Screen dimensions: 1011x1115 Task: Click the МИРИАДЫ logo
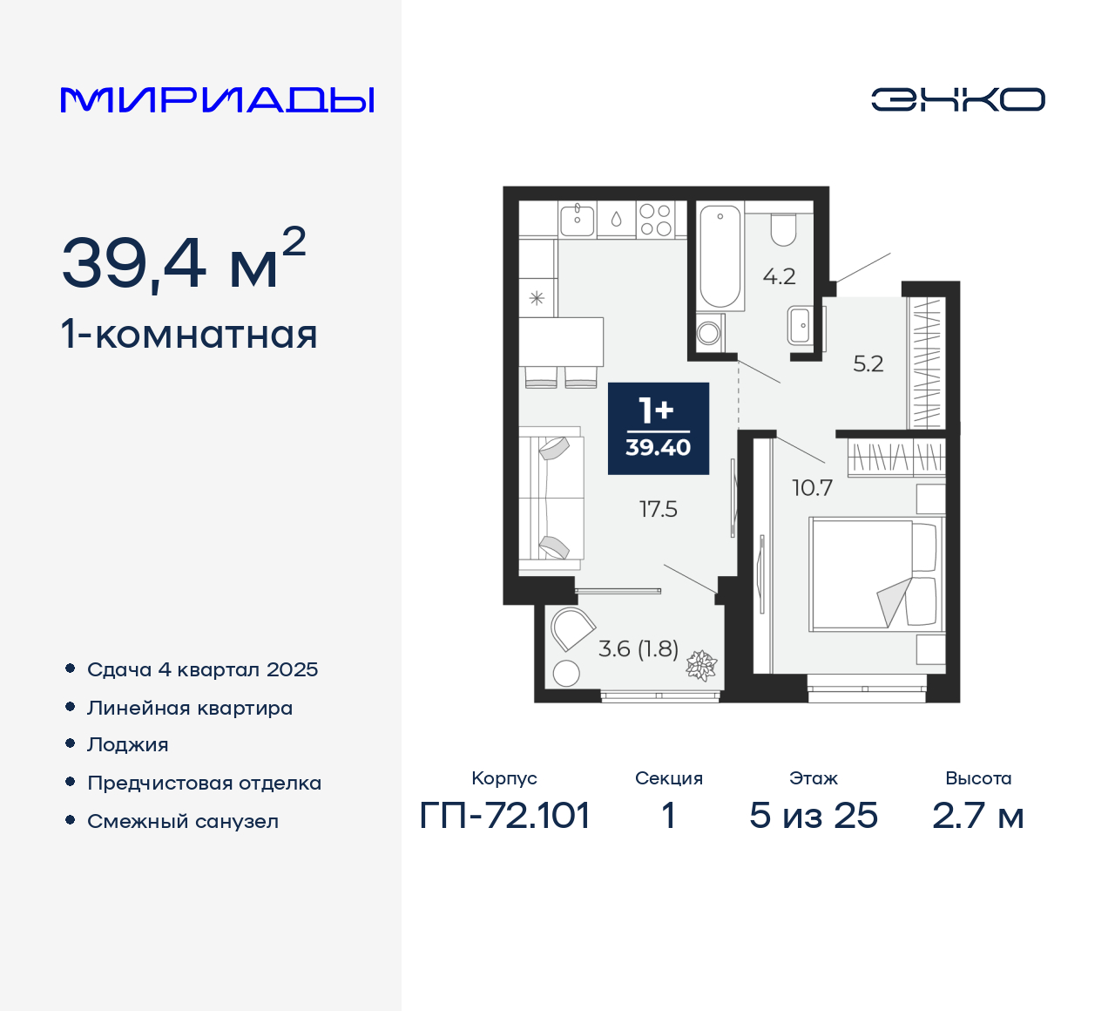tap(217, 99)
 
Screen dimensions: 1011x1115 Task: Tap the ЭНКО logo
tap(957, 99)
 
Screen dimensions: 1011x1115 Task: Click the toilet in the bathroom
tap(783, 228)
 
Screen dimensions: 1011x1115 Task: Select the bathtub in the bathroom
tap(720, 256)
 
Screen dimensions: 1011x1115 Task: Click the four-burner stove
tap(654, 220)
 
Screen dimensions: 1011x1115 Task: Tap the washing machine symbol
tap(709, 332)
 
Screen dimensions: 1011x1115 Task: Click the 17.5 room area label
tap(658, 509)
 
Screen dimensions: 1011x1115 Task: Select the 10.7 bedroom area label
tap(812, 488)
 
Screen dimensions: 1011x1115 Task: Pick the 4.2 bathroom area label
tap(779, 277)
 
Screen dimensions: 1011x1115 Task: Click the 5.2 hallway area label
tap(868, 363)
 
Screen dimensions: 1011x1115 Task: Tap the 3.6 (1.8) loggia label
tap(638, 648)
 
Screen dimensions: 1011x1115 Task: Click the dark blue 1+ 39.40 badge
tap(658, 428)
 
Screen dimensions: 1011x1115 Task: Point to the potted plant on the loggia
tap(701, 666)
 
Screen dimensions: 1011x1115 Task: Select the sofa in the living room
tap(551, 498)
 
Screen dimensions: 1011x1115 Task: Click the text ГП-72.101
tap(504, 816)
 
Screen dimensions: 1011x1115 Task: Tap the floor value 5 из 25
tap(813, 816)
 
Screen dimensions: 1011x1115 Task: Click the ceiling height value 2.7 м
tap(977, 816)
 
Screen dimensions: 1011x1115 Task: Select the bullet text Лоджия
tap(127, 744)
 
